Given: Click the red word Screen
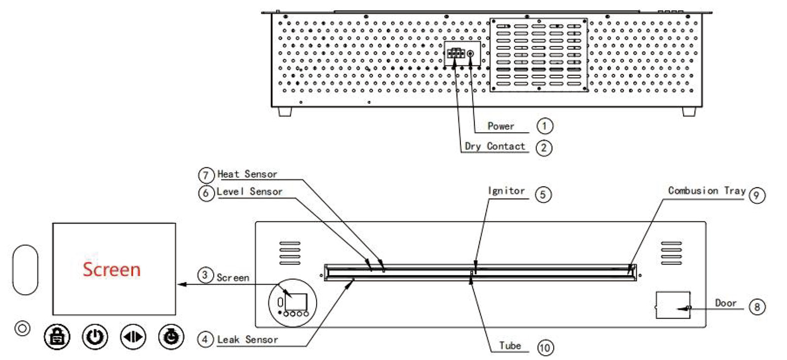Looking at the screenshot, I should click(111, 269).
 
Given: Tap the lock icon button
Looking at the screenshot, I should click(57, 337).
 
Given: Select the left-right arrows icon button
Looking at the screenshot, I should click(133, 337).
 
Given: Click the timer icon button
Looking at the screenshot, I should click(171, 337).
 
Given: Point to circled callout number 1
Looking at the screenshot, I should click(544, 126).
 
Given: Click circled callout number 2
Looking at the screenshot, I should click(544, 148).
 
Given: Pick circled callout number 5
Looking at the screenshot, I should click(543, 195).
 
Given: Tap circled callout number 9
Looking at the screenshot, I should click(757, 195).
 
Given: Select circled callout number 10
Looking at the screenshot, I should click(545, 348).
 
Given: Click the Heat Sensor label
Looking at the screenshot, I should click(247, 174).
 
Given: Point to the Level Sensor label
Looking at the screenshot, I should click(250, 192).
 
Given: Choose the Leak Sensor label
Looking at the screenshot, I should click(248, 340).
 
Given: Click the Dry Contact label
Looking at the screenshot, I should click(495, 146).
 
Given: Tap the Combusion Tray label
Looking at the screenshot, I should click(707, 191).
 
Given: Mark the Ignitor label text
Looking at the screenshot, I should click(506, 191).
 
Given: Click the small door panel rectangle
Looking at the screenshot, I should click(673, 305).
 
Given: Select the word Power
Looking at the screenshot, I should click(501, 126).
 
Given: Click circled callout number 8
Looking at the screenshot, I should click(757, 307).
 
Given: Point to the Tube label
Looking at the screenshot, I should click(510, 346).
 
